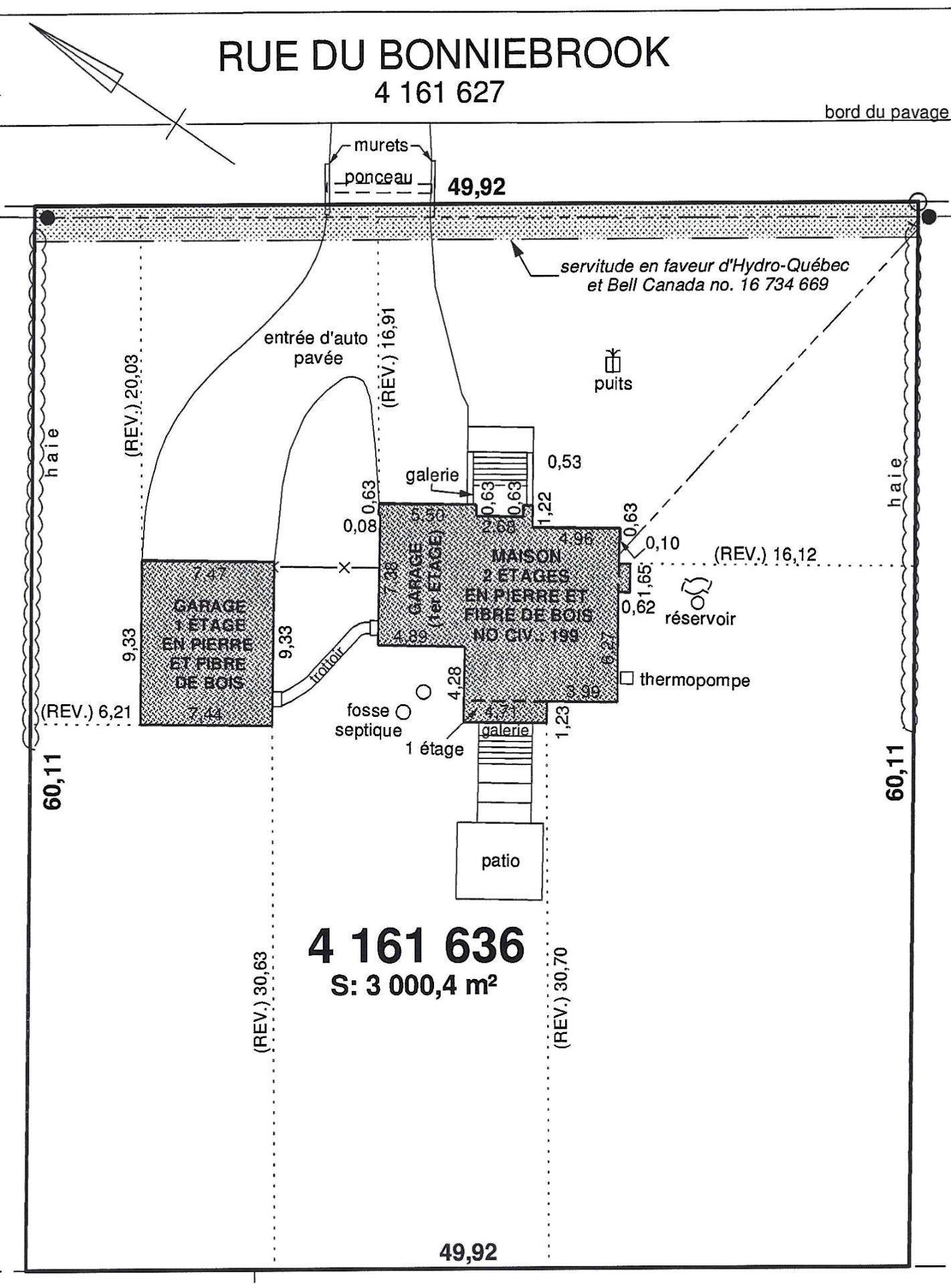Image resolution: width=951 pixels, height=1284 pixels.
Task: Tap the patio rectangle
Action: [500, 861]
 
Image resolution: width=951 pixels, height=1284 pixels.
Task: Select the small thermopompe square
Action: [627, 678]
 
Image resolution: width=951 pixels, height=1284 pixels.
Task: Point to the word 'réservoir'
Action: [700, 619]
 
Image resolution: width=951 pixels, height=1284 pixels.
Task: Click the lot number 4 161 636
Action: [416, 946]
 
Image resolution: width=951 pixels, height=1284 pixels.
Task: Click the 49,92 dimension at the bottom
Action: [468, 1251]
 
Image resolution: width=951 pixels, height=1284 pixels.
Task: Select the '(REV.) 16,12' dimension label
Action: [764, 554]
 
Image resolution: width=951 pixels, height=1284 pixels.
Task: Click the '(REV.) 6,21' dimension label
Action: [86, 712]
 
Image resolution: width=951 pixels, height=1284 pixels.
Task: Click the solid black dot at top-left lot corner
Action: [47, 217]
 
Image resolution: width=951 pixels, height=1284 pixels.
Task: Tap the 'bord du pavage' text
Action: [886, 112]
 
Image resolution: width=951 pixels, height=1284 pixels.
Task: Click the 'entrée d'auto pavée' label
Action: [316, 348]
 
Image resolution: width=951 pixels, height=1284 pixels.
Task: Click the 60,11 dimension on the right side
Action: [895, 772]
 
